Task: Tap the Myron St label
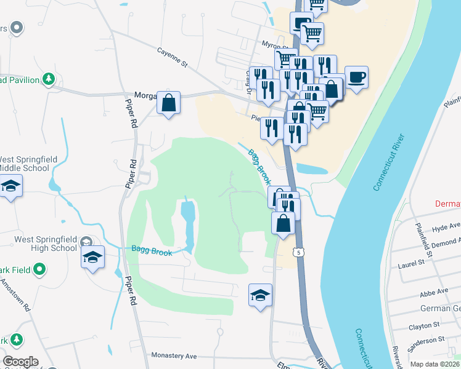275,46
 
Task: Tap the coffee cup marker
356,78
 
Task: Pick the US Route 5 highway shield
300,252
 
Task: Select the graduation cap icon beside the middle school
10,186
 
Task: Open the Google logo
20,362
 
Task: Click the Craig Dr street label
250,81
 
